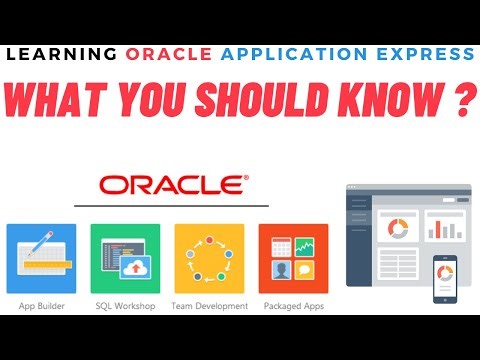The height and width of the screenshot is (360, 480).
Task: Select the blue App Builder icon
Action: tap(41, 258)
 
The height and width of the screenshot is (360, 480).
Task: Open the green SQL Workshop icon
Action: tap(125, 258)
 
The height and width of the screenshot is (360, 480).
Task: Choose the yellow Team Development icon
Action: tap(209, 258)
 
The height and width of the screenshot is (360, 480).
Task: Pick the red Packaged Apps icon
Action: tap(293, 258)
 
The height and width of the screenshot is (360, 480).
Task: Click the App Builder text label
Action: tap(41, 305)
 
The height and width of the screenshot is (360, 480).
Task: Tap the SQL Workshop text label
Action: tap(125, 305)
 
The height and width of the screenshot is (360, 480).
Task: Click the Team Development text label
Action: tap(209, 305)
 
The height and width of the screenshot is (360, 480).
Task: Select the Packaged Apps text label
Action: tap(293, 305)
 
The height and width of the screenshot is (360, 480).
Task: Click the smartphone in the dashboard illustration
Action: tap(444, 277)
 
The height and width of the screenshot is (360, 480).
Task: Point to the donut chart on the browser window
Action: tap(397, 229)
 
